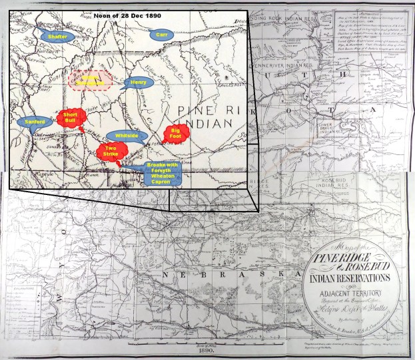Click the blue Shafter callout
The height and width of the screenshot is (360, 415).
pos(56,37)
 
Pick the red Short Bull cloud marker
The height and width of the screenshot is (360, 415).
pos(71,118)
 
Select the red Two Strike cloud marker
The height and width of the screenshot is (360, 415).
pos(111,152)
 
